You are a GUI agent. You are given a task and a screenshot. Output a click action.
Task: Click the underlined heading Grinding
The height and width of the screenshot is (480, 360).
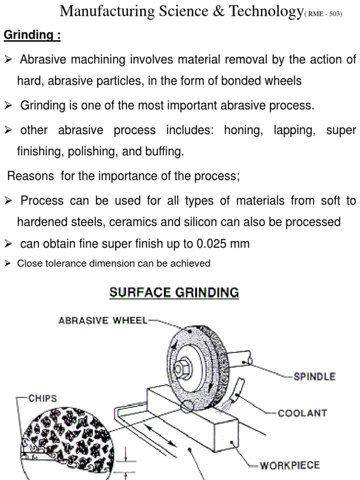(x=32, y=36)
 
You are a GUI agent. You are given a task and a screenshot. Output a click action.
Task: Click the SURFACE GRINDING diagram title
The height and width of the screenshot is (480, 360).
(x=174, y=293)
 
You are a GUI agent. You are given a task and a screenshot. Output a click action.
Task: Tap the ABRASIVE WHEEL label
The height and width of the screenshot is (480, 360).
(x=103, y=321)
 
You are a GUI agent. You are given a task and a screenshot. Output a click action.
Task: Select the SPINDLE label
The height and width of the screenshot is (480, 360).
(x=314, y=376)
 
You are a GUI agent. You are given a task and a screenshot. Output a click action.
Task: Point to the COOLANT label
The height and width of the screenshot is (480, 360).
(x=302, y=413)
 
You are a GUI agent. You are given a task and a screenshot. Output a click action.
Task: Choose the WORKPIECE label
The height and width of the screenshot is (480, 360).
(x=290, y=465)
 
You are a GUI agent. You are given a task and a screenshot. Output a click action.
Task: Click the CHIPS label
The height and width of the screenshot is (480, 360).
(x=43, y=398)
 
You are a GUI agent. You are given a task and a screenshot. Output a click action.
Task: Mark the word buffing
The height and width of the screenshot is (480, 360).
(x=166, y=152)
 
